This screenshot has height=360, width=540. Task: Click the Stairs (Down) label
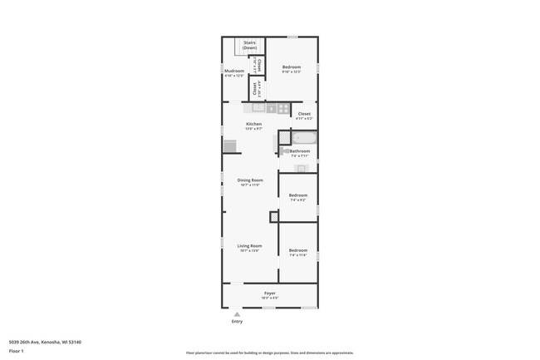[249, 46]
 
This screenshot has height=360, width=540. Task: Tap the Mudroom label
[233, 72]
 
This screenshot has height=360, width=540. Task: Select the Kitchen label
[253, 124]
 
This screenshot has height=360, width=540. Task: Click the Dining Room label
[250, 180]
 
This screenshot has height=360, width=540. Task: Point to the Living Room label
[249, 246]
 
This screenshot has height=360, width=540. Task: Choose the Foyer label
[270, 293]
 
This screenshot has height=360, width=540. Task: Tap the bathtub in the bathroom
[304, 139]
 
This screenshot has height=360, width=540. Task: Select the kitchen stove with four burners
[282, 108]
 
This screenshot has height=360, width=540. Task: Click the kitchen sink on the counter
[258, 107]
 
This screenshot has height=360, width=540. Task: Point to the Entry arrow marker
[238, 313]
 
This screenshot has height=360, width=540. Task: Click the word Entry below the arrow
[238, 322]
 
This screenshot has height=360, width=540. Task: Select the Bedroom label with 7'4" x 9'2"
[297, 196]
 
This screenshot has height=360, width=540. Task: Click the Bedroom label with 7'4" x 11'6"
[297, 251]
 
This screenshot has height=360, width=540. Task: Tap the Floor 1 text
[17, 351]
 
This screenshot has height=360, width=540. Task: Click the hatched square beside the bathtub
[283, 136]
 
